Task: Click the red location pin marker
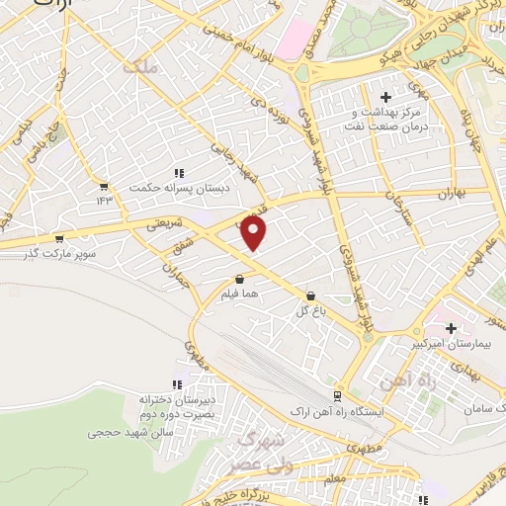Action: [x=254, y=232]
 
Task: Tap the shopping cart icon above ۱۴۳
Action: [x=104, y=185]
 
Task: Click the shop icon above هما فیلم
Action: [x=240, y=279]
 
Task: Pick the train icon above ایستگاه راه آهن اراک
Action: [x=338, y=393]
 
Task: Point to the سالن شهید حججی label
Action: [x=130, y=432]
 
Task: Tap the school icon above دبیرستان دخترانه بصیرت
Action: [x=178, y=384]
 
